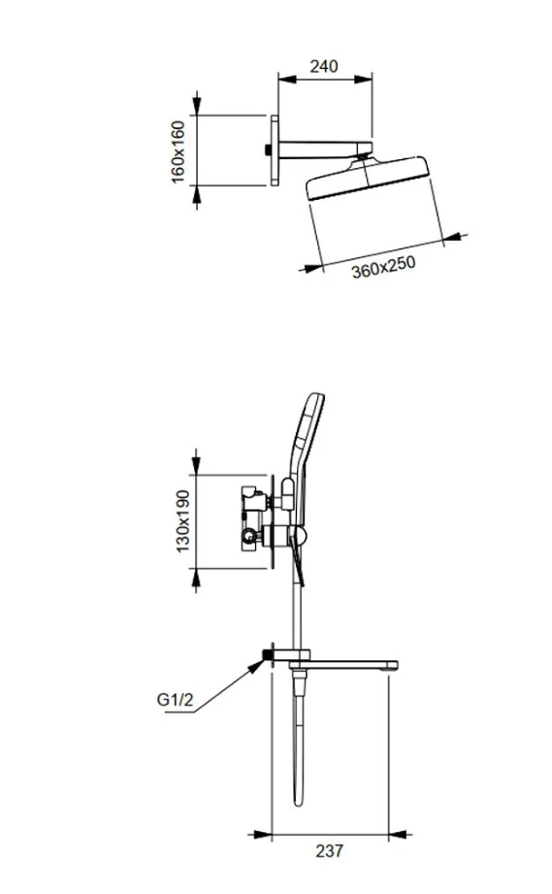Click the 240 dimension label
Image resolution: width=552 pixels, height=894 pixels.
pyautogui.click(x=324, y=66)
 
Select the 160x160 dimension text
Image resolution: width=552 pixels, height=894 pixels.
pyautogui.click(x=179, y=151)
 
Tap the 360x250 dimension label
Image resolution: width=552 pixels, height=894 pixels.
pyautogui.click(x=383, y=267)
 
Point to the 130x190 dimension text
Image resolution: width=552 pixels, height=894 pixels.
pyautogui.click(x=182, y=521)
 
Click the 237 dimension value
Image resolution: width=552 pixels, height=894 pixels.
pyautogui.click(x=329, y=850)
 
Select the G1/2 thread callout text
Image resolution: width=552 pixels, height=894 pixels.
pyautogui.click(x=175, y=699)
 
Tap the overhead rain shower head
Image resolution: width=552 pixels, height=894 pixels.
pyautogui.click(x=368, y=177)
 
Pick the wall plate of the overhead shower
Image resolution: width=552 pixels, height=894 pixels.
pyautogui.click(x=275, y=150)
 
